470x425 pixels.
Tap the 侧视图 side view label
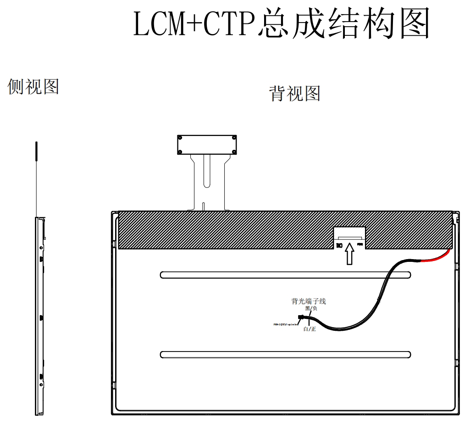(x=33, y=86)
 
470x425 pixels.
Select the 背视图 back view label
(x=294, y=93)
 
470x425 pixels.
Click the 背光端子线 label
(x=309, y=301)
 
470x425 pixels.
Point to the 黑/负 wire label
(x=311, y=308)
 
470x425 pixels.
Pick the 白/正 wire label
(x=310, y=329)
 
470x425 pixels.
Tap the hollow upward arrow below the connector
(x=349, y=254)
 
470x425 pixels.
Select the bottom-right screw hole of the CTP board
(x=234, y=152)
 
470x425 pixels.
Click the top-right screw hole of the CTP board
(x=234, y=137)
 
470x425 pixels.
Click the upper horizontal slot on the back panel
(x=285, y=275)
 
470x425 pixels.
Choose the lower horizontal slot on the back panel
(x=285, y=355)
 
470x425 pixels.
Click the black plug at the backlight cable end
(x=301, y=317)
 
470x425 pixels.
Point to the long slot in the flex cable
(x=208, y=170)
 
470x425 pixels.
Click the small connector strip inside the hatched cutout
(x=349, y=238)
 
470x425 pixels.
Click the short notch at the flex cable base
(x=203, y=207)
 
